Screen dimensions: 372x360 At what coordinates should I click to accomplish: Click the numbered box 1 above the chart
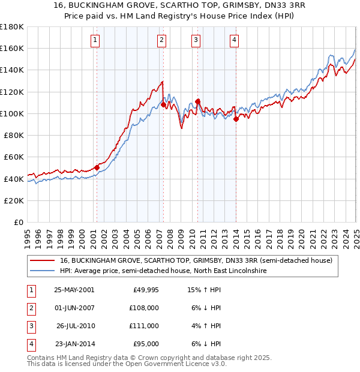[x=96, y=40]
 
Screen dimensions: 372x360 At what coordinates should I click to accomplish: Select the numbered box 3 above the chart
[x=196, y=40]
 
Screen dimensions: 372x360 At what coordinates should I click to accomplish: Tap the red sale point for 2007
[x=163, y=105]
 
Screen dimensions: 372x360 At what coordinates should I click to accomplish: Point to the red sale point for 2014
[x=236, y=119]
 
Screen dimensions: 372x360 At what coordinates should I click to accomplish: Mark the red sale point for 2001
[x=97, y=168]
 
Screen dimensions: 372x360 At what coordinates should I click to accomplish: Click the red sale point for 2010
[x=197, y=101]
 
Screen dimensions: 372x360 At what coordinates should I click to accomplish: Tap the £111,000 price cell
[x=144, y=326]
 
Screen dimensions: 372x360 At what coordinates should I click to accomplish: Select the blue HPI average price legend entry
[x=163, y=271]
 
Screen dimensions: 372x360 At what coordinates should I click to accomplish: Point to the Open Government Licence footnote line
[x=127, y=364]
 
